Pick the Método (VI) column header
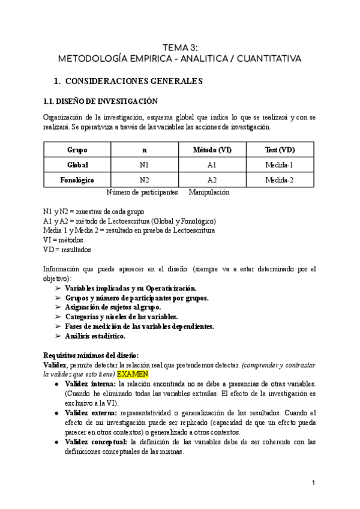coord(212,149)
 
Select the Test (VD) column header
coord(280,149)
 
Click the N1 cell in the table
coord(145,164)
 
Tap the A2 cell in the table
coord(212,179)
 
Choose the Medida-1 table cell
coord(280,164)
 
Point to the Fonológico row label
coord(77,179)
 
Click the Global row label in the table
coord(77,164)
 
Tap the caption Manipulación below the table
coord(208,193)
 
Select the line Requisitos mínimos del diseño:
coord(91,355)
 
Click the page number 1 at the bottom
coord(314,483)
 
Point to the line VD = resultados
coord(67,249)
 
